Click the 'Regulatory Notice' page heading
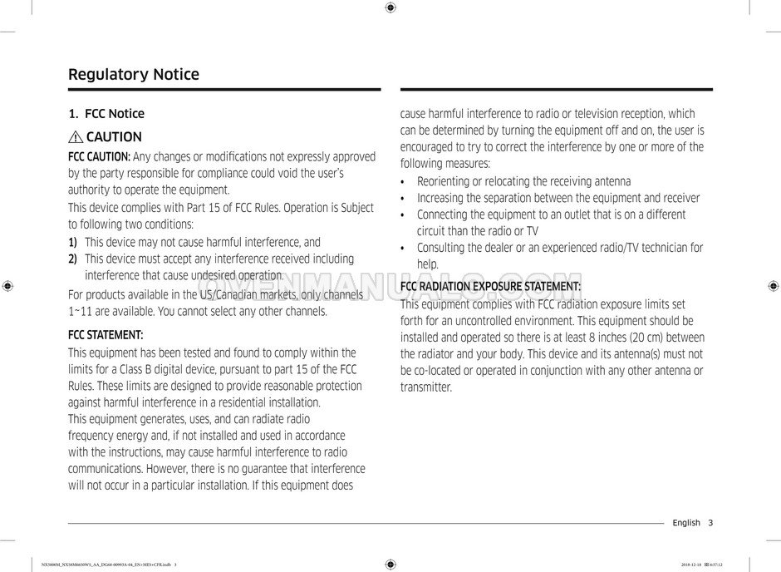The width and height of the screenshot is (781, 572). point(133,75)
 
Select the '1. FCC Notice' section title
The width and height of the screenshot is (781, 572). point(106,114)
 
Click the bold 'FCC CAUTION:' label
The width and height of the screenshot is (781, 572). point(99,157)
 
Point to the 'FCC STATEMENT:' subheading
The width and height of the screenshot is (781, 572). point(106,335)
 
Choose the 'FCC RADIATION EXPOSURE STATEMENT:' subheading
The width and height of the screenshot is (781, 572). point(490,287)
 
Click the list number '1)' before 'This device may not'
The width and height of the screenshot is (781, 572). point(73,243)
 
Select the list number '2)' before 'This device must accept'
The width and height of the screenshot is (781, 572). point(73,259)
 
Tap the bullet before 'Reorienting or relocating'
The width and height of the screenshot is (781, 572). point(403,182)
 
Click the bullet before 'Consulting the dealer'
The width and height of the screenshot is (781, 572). point(403,249)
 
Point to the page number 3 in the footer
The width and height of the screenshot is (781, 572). point(710,523)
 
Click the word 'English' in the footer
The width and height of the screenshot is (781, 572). point(686,523)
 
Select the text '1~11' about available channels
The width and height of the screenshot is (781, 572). point(81,312)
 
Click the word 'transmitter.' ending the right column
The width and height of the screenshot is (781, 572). point(426,387)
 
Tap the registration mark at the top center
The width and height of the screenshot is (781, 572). point(390,7)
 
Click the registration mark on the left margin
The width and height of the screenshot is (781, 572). point(7,286)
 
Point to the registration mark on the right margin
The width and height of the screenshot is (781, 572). point(773,286)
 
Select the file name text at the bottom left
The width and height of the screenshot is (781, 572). point(109,565)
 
